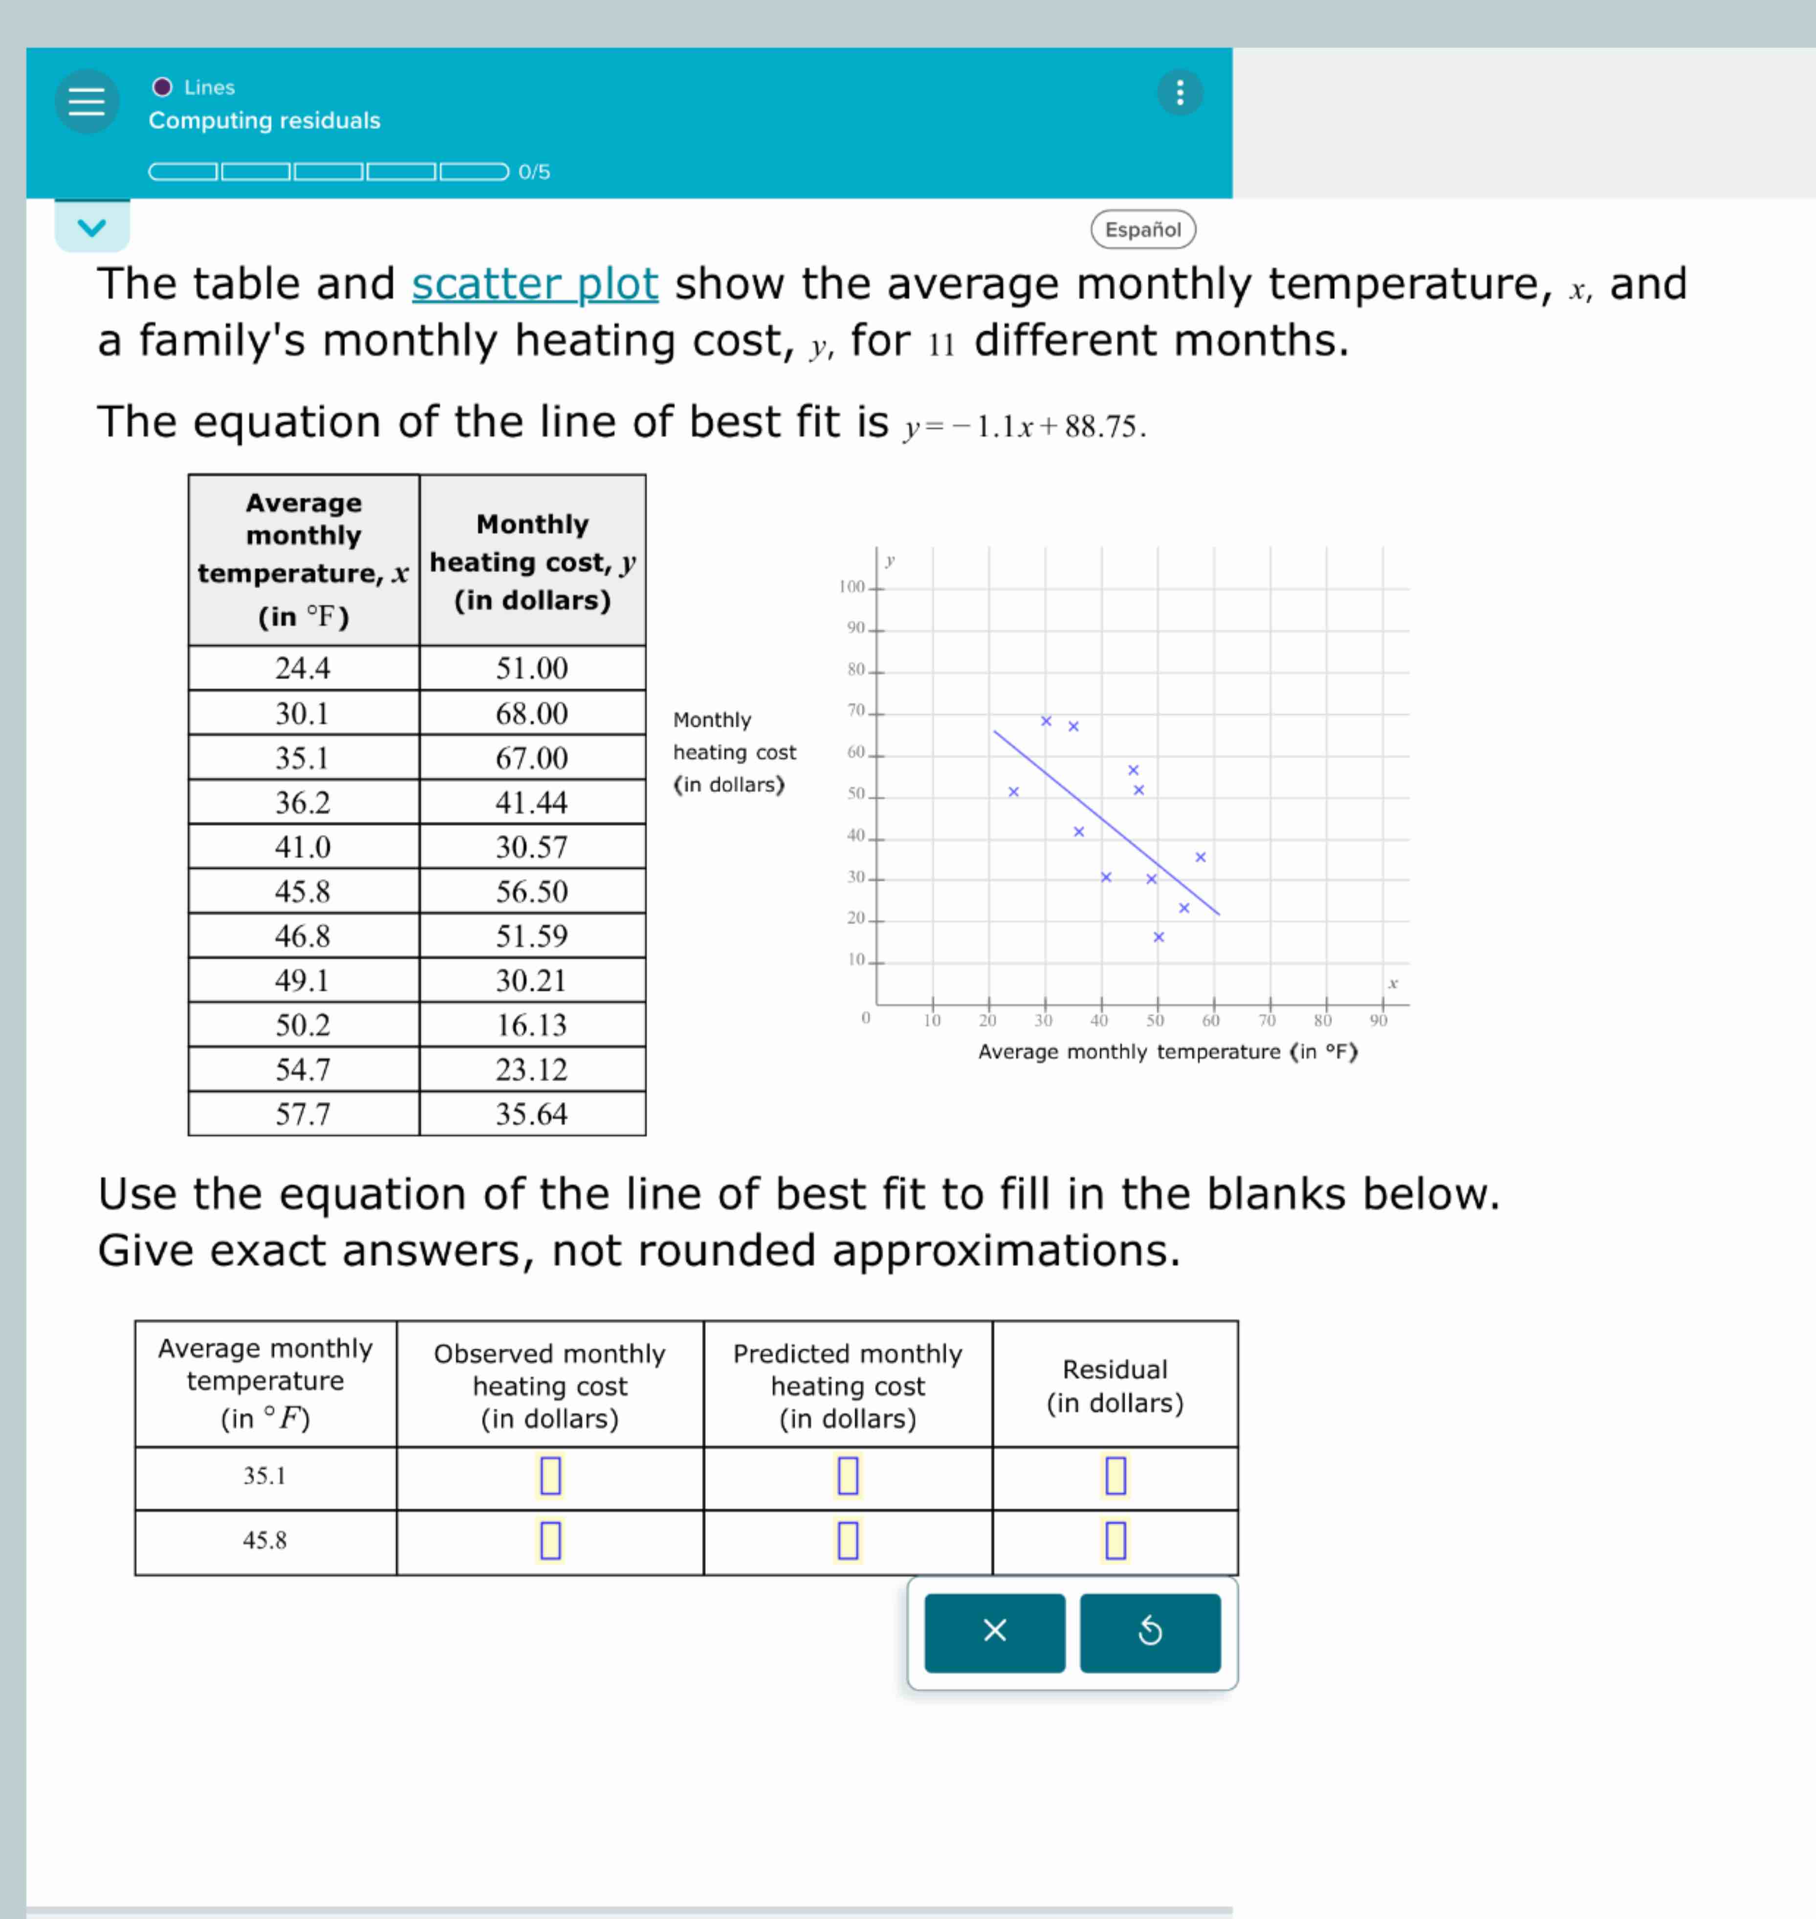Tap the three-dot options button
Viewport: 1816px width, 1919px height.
tap(1179, 93)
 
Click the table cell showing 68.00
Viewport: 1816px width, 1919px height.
tap(531, 714)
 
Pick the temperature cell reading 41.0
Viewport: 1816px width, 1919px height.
tap(303, 847)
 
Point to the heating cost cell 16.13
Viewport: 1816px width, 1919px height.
tap(531, 1026)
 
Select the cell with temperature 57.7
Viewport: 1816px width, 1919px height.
tap(303, 1115)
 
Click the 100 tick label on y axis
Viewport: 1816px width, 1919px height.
tap(852, 587)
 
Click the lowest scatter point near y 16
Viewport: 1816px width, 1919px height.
tap(1159, 937)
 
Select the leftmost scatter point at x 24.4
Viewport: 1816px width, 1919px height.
tap(1013, 792)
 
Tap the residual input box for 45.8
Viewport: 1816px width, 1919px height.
tap(1115, 1540)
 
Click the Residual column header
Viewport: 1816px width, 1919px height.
tap(1115, 1385)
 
